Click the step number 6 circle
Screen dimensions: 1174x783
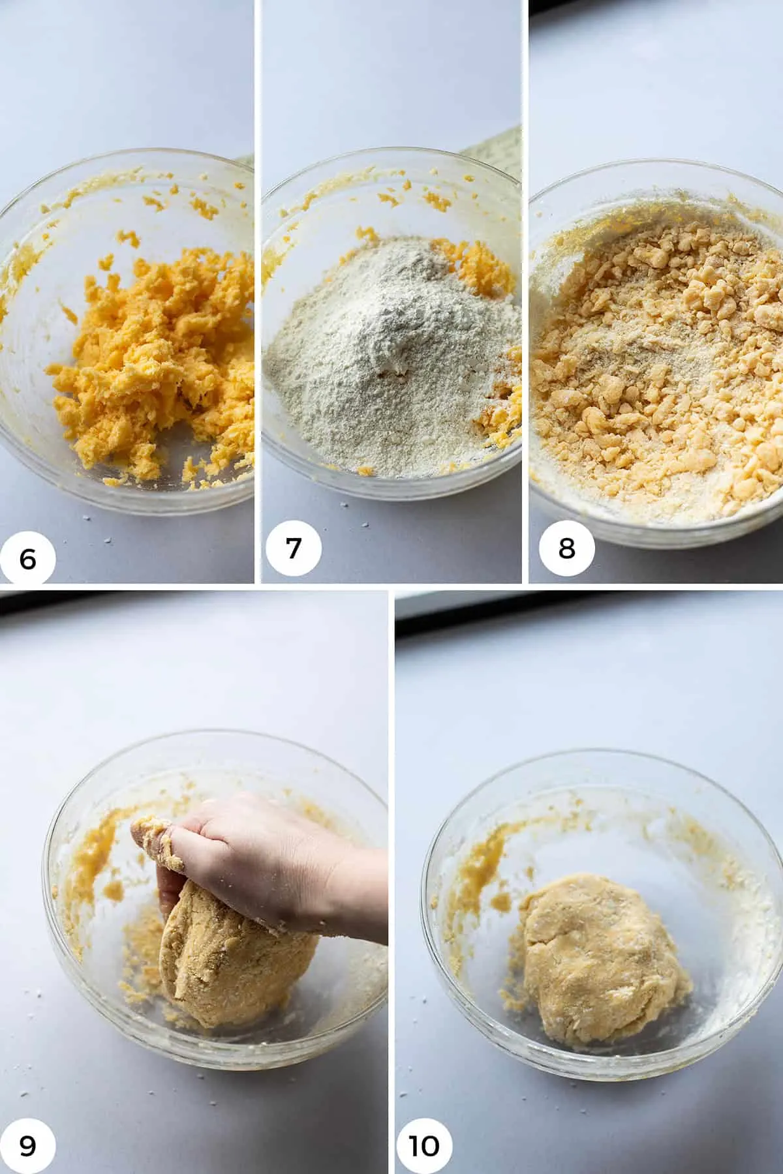pos(28,558)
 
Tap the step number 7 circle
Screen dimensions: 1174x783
pos(293,548)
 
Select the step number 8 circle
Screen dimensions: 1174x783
pos(566,548)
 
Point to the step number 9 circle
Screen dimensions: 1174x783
pos(28,1146)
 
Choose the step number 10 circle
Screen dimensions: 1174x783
pos(423,1146)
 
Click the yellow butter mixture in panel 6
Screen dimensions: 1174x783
pos(157,352)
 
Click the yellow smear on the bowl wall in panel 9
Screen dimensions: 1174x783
pos(98,861)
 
